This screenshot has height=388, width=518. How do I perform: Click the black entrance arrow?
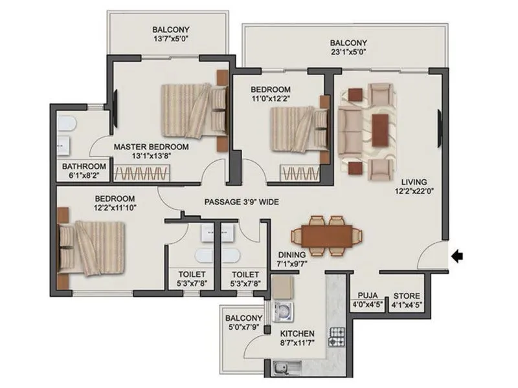point(458,257)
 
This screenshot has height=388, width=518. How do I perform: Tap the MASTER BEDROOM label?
point(152,147)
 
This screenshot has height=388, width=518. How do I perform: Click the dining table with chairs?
point(325,233)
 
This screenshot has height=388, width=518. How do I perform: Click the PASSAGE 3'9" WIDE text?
point(242,202)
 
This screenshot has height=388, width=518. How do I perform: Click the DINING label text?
point(291,255)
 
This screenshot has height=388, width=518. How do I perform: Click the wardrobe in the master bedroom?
point(142,173)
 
